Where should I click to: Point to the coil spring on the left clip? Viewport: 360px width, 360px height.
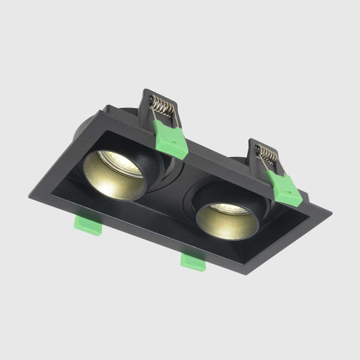[163, 109]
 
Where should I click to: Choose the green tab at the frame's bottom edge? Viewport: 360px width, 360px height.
[193, 260]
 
